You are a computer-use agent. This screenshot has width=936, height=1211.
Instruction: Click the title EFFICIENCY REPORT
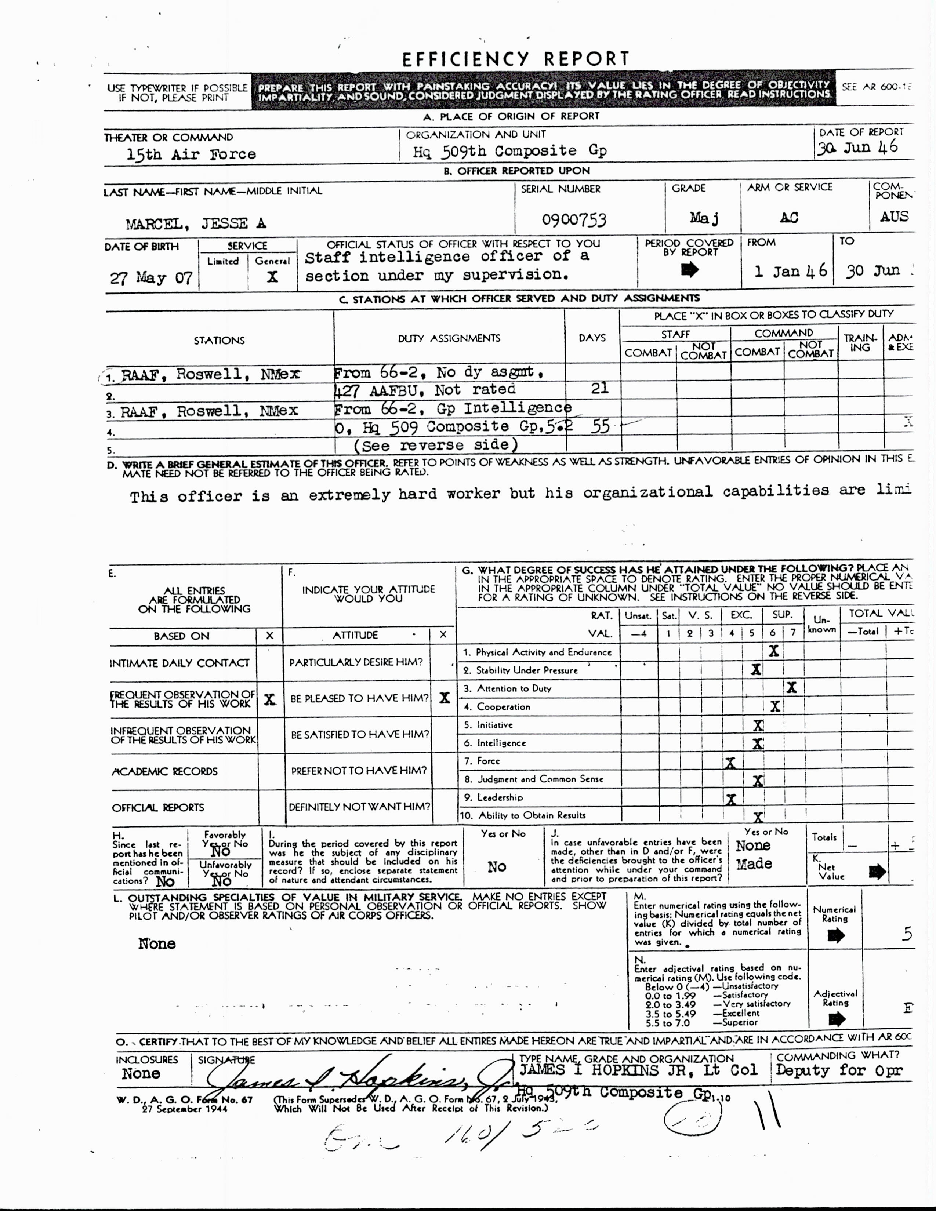coord(515,59)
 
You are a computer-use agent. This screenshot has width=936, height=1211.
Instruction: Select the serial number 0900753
coord(574,220)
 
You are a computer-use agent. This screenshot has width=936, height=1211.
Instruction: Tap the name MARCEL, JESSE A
coord(196,224)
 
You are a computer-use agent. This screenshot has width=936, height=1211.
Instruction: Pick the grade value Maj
coord(704,218)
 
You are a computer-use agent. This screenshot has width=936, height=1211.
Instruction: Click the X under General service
coord(272,277)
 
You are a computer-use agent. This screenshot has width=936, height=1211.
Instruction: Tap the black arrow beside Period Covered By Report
coord(690,270)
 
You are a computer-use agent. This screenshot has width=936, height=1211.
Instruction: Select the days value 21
coord(599,388)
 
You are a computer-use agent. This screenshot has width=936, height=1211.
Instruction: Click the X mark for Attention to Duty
coord(791,688)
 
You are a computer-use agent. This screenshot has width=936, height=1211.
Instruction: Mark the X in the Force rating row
coord(730,763)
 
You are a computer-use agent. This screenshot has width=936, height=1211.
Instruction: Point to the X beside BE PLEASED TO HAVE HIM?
coord(444,698)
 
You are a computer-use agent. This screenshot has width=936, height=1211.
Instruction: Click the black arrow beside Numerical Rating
coord(836,935)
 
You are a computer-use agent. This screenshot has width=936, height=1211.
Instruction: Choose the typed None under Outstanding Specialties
coord(157,944)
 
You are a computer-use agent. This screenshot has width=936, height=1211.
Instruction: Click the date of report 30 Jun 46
coord(857,148)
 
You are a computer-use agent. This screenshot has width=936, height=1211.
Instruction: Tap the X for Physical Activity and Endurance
coord(773,651)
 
